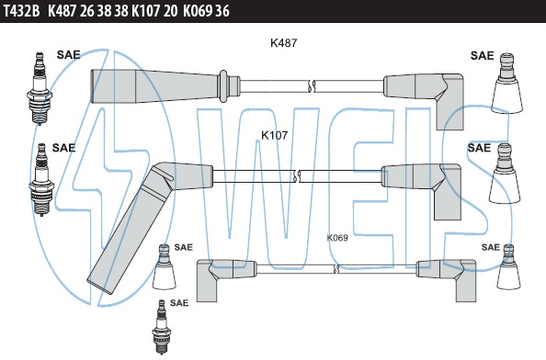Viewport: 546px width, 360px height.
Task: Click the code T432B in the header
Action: click(22, 11)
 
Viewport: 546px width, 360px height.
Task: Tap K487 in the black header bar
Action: click(62, 11)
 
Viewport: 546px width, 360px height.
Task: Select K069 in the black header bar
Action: click(198, 11)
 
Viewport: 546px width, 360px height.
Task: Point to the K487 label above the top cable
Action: click(284, 43)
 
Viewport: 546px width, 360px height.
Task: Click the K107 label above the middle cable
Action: click(275, 135)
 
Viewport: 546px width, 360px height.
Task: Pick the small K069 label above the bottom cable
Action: click(337, 238)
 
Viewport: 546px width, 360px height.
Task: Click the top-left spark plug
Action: click(40, 88)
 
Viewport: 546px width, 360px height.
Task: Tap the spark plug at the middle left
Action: click(41, 179)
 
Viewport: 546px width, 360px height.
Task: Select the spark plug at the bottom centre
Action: click(161, 327)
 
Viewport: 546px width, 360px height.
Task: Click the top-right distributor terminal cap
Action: click(506, 83)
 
